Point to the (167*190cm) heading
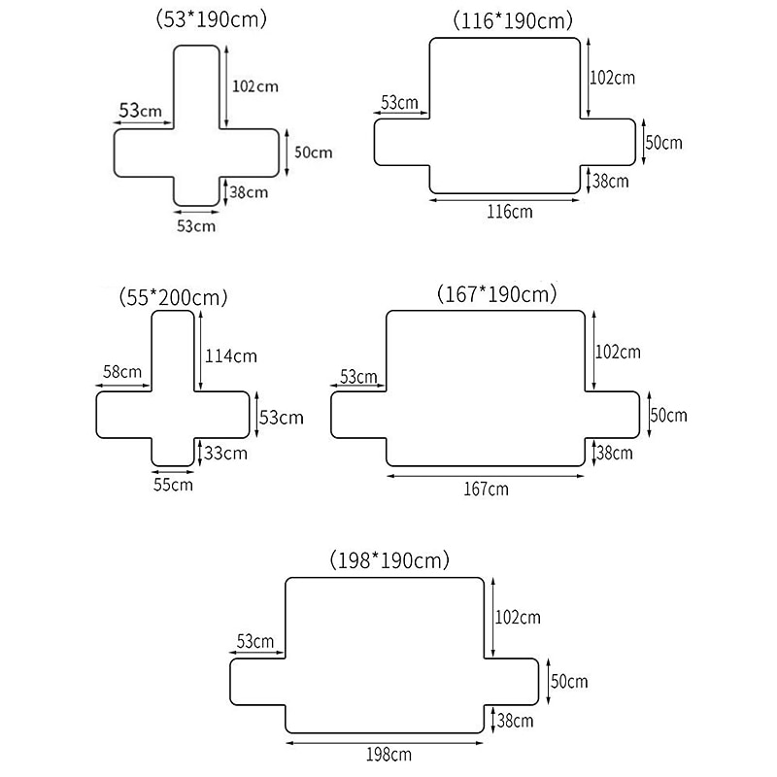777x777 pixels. (x=498, y=293)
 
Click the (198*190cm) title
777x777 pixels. (x=390, y=560)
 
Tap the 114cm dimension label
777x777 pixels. (x=231, y=355)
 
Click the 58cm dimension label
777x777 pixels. (x=121, y=371)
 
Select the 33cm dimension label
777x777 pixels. (x=227, y=452)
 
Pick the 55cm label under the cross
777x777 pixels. (x=173, y=484)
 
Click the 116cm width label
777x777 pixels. (x=509, y=212)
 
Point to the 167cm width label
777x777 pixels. (x=485, y=489)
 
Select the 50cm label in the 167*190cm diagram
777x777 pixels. (x=667, y=415)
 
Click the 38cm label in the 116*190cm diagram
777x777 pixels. (x=610, y=181)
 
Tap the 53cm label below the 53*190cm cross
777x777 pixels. (x=195, y=226)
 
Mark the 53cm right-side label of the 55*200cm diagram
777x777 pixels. (x=281, y=418)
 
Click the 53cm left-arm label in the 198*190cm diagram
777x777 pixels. (x=255, y=641)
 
